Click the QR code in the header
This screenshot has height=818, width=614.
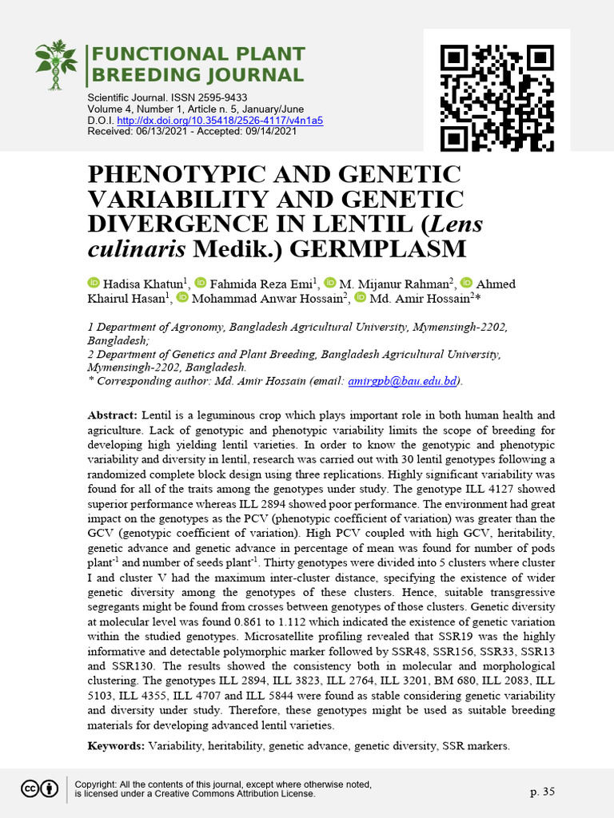(x=496, y=98)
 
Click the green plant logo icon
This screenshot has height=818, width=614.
(x=58, y=66)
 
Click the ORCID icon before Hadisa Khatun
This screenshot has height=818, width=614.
(x=93, y=284)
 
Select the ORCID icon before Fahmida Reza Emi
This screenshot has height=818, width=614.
(x=201, y=284)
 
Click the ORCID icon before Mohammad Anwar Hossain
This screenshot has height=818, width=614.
(x=182, y=298)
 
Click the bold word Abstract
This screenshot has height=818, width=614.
(x=112, y=415)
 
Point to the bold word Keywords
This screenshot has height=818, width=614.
(x=115, y=745)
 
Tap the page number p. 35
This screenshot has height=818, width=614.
(x=542, y=792)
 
